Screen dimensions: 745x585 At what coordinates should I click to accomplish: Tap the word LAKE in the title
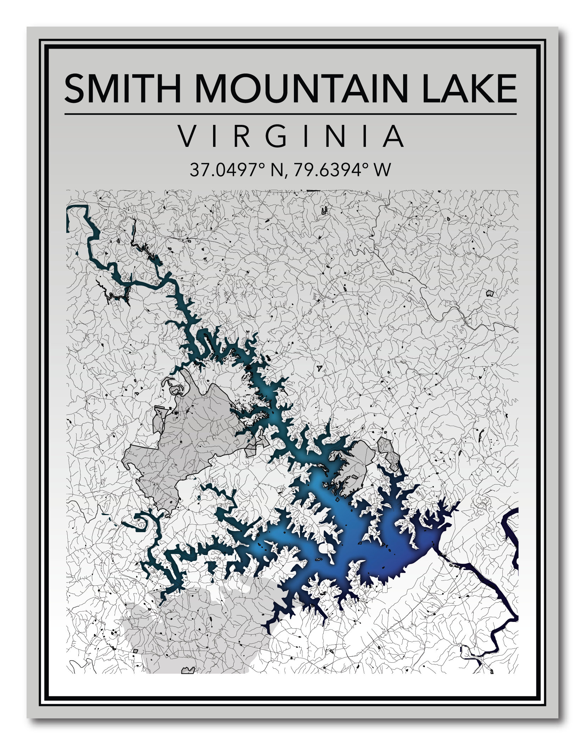[469, 88]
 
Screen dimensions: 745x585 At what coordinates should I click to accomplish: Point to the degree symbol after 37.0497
[263, 165]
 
